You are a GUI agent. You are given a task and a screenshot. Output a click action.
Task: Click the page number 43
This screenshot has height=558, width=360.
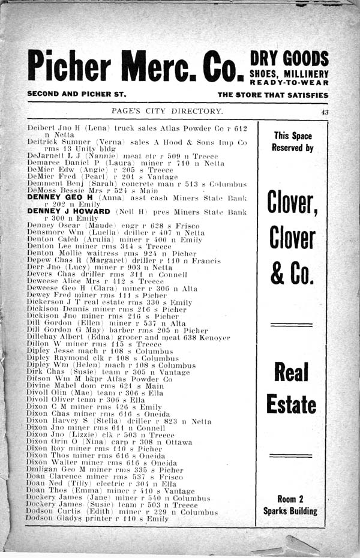tap(325, 112)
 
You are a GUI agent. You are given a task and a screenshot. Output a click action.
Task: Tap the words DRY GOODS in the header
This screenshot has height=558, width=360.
tap(289, 59)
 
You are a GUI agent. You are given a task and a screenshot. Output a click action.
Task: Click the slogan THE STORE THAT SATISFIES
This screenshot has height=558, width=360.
tap(272, 95)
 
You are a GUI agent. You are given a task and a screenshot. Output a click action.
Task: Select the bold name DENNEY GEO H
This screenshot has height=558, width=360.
tap(58, 197)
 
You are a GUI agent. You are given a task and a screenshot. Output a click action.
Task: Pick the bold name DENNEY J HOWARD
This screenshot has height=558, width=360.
tap(68, 212)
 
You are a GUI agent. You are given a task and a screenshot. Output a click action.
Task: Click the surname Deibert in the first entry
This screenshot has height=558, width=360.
tap(40, 128)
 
